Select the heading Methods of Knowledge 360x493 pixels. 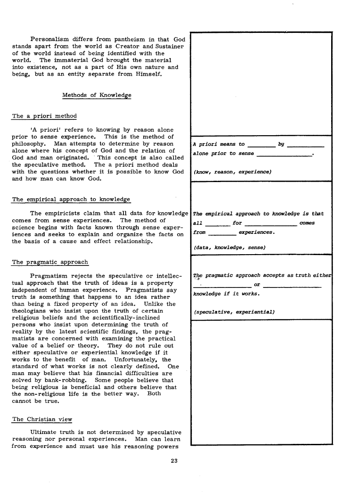(97, 95)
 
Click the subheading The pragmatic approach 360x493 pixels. (50, 262)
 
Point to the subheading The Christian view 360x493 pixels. (42, 419)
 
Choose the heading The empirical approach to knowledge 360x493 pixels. (71, 199)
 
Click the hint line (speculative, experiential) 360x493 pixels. (234, 311)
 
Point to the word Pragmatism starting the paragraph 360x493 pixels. (50, 275)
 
